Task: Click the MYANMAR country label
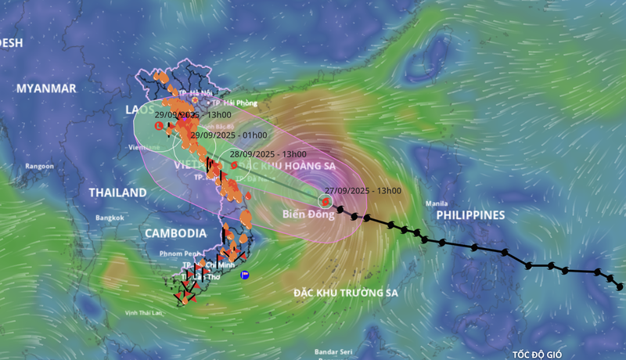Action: tap(46, 88)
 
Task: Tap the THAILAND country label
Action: tap(117, 193)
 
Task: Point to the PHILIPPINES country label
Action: tap(470, 214)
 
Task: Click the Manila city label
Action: tap(436, 204)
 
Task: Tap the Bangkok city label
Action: tap(110, 217)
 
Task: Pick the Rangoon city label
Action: tap(38, 166)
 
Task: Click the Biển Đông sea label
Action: tap(301, 214)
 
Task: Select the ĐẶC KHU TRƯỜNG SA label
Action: tap(346, 293)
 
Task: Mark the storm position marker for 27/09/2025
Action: tap(325, 201)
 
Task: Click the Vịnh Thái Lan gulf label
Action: tap(147, 313)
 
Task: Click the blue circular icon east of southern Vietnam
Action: tap(245, 275)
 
